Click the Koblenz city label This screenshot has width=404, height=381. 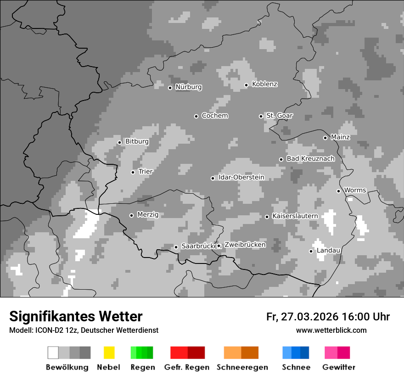pyautogui.click(x=264, y=84)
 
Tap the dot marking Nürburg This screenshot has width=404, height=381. pyautogui.click(x=170, y=88)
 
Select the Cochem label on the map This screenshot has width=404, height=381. pyautogui.click(x=214, y=116)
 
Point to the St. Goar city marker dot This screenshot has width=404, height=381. pyautogui.click(x=261, y=116)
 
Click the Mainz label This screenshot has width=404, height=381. pyautogui.click(x=340, y=137)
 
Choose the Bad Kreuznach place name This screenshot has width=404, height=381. pyautogui.click(x=310, y=159)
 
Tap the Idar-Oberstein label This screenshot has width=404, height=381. pyautogui.click(x=241, y=178)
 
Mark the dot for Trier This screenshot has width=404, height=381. pyautogui.click(x=133, y=172)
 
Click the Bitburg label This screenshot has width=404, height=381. pyautogui.click(x=137, y=141)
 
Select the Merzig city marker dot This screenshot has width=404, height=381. pyautogui.click(x=131, y=215)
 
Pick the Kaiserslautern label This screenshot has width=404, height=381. pyautogui.click(x=295, y=216)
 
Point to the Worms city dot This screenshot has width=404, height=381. pyautogui.click(x=338, y=191)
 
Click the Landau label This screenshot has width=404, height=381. pyautogui.click(x=328, y=251)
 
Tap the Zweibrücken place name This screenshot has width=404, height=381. pyautogui.click(x=245, y=245)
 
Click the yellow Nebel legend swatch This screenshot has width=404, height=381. pyautogui.click(x=109, y=353)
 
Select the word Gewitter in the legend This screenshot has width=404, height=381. pyautogui.click(x=338, y=367)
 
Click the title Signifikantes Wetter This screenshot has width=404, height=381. pyautogui.click(x=76, y=316)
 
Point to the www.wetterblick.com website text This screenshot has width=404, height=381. pyautogui.click(x=331, y=330)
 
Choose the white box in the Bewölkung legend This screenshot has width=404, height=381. pyautogui.click(x=53, y=353)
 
